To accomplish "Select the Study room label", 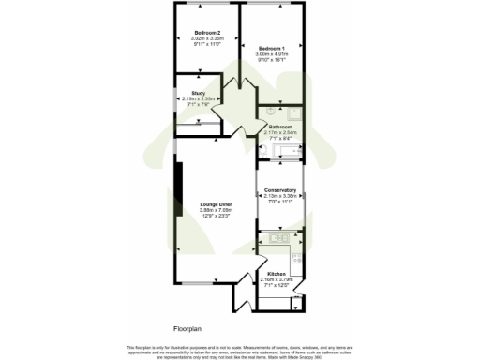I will click(x=199, y=93).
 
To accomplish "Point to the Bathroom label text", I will click(x=281, y=127).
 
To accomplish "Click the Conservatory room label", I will click(x=280, y=190).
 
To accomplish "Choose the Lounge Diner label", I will click(x=216, y=204).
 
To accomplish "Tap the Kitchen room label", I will click(x=277, y=274).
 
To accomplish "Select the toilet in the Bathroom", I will click(x=263, y=150).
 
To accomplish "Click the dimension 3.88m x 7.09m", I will click(x=216, y=210).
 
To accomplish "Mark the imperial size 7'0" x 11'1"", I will click(x=280, y=202).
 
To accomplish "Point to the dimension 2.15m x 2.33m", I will click(x=199, y=98).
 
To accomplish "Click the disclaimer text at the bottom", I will click(x=240, y=351).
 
